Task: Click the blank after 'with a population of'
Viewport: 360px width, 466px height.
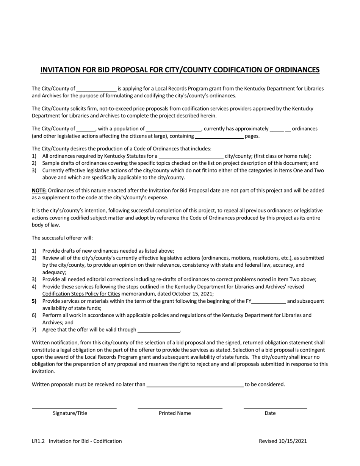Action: point(174,129)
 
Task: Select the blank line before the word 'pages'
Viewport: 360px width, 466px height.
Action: point(219,136)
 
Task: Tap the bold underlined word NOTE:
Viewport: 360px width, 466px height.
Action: point(39,191)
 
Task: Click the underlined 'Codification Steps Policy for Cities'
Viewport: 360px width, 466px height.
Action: point(81,294)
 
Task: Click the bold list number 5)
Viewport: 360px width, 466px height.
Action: point(34,301)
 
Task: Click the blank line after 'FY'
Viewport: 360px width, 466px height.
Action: point(269,301)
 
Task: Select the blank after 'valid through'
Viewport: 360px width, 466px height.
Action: point(159,330)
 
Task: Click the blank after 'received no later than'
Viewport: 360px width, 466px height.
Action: point(195,385)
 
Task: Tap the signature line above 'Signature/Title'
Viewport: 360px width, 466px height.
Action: point(74,408)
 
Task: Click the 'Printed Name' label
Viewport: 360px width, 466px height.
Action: point(175,413)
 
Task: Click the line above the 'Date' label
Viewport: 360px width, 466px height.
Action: point(275,408)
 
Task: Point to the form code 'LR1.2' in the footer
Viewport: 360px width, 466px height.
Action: point(38,441)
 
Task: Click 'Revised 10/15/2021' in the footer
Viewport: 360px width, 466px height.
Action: point(283,441)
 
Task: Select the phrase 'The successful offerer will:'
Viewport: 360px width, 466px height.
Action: point(62,238)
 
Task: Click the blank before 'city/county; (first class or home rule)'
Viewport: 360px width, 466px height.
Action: point(191,156)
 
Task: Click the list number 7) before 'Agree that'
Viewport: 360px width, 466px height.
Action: point(34,330)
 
